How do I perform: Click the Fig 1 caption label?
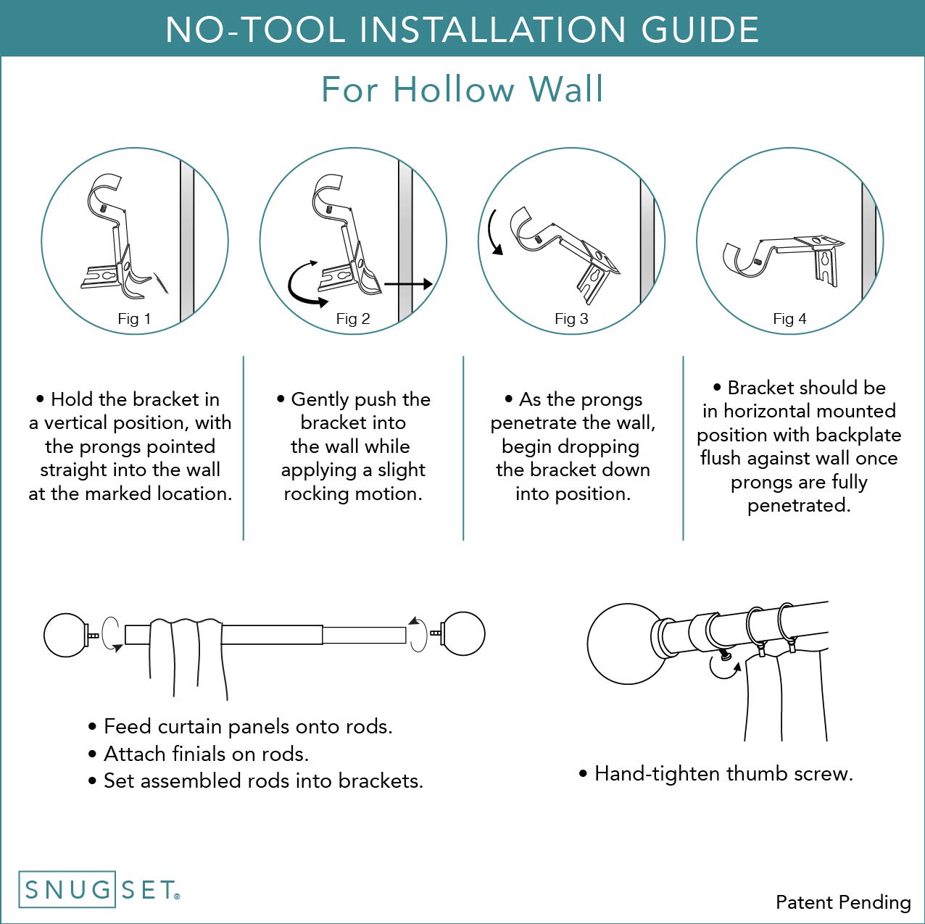click(134, 319)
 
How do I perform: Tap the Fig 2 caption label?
click(353, 319)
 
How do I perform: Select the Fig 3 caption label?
click(571, 319)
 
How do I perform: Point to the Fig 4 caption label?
click(789, 319)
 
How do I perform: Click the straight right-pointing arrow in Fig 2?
click(408, 284)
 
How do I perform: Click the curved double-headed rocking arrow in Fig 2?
click(303, 284)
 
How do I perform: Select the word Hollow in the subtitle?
click(453, 90)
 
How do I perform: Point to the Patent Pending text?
click(842, 902)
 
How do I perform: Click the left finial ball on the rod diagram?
click(66, 635)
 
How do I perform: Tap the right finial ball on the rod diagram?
click(463, 633)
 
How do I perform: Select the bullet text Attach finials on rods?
click(206, 754)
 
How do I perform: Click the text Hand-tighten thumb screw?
click(723, 774)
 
